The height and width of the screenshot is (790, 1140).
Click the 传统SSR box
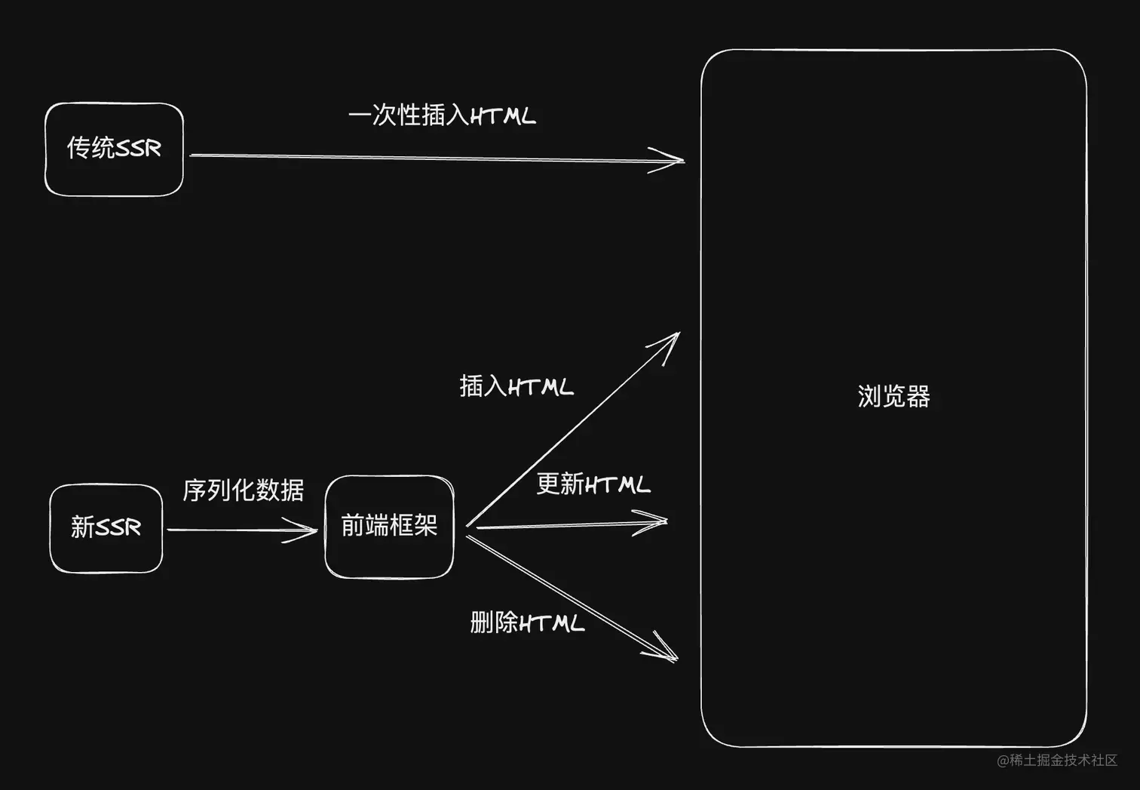(x=114, y=149)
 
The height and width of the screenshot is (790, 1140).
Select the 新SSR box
(x=106, y=528)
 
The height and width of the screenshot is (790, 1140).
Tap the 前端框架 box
(x=389, y=527)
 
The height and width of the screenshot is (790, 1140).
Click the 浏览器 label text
(x=893, y=396)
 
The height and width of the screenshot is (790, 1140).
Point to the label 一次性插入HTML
(x=442, y=115)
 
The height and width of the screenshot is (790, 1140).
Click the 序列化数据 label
(x=243, y=490)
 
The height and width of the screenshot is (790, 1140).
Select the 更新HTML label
(x=593, y=484)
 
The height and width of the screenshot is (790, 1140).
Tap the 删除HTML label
(x=527, y=623)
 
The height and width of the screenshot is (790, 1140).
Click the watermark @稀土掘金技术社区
(x=1057, y=761)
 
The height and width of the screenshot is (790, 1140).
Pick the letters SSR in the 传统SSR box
(x=138, y=149)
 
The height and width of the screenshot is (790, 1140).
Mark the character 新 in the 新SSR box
(x=82, y=527)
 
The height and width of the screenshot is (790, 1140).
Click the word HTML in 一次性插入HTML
(x=503, y=116)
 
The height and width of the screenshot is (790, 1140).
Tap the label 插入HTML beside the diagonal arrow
(x=516, y=386)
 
